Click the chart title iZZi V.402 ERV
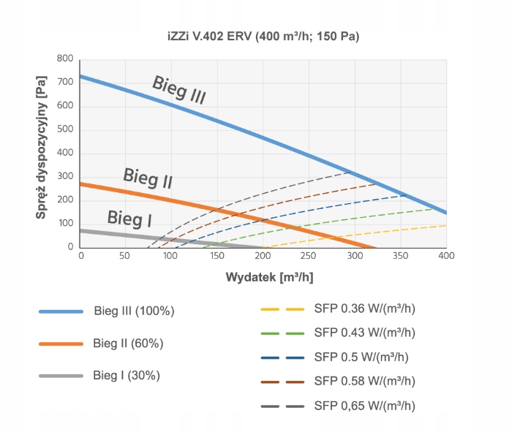263,35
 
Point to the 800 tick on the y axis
65,59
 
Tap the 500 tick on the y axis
65,130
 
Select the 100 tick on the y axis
65,224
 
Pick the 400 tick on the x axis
446,256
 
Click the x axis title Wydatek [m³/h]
263,278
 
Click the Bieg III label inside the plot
178,89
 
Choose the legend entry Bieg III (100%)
134,311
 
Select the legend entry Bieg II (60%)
128,344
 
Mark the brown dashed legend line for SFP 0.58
282,381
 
